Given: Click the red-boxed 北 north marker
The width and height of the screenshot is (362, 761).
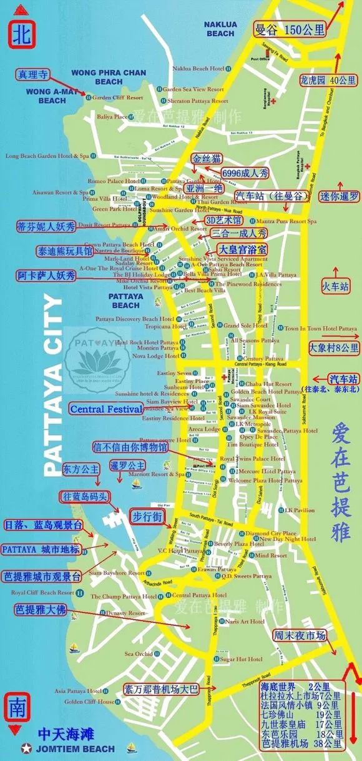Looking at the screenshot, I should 21,33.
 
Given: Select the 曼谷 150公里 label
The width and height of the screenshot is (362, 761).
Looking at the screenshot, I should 290,29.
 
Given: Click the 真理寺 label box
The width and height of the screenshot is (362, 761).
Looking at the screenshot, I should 31,74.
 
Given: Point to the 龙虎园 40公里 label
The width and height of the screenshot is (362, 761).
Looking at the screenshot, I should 336,80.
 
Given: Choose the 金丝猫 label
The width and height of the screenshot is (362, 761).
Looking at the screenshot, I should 207,158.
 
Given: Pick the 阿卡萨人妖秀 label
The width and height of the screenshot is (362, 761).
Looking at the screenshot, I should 46,276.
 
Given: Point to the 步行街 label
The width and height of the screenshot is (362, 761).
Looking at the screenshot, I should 147,517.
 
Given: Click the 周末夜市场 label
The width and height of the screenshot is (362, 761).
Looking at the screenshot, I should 300,635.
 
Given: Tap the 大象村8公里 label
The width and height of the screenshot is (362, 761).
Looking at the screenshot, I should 334,347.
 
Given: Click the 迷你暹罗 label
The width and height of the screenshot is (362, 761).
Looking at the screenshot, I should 338,196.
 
